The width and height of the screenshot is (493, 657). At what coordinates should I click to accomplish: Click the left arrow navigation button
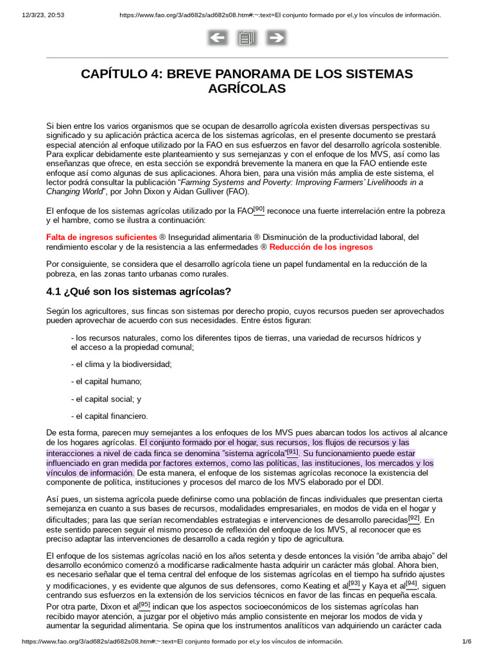click(x=218, y=38)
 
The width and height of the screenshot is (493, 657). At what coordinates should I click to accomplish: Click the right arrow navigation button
click(x=275, y=38)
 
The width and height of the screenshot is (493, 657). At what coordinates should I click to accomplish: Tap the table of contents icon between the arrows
click(x=246, y=38)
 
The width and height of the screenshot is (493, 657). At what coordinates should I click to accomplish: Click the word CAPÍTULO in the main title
click(x=120, y=74)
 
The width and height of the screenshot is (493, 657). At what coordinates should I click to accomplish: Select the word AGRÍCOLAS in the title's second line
click(x=246, y=89)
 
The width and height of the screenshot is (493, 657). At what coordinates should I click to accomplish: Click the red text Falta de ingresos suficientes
click(x=101, y=237)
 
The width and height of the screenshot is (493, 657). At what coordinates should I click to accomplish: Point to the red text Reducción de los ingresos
click(x=321, y=246)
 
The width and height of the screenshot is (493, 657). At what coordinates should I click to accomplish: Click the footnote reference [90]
click(x=259, y=209)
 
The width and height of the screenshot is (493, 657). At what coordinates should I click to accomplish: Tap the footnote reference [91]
click(x=293, y=452)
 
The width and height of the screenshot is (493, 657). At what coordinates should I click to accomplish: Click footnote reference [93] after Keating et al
click(x=354, y=584)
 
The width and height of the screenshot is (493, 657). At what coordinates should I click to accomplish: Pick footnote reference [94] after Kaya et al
click(x=411, y=584)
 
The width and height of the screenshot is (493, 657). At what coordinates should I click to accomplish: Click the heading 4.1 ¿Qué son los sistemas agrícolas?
click(x=139, y=291)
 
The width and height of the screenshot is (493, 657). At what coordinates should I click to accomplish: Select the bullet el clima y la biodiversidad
click(x=121, y=364)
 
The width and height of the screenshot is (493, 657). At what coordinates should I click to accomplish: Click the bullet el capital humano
click(x=106, y=381)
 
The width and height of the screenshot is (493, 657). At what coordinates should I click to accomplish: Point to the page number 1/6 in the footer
click(x=467, y=642)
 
